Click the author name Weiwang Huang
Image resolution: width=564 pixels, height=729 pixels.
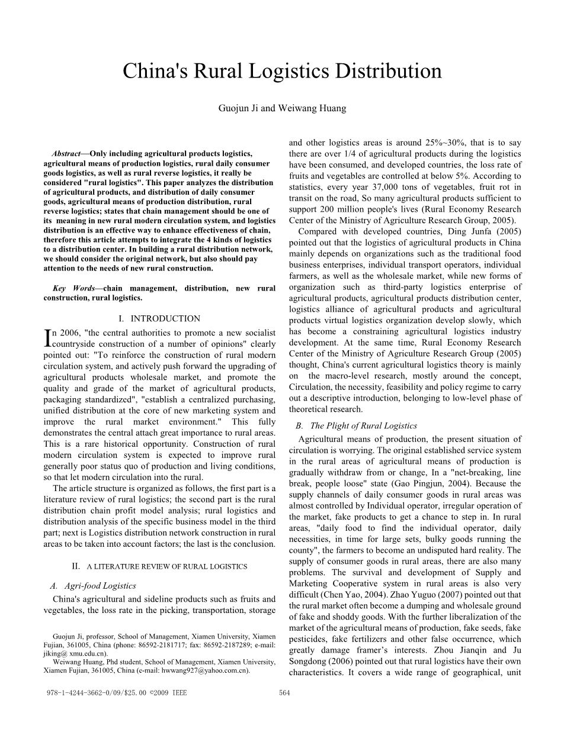coord(322,108)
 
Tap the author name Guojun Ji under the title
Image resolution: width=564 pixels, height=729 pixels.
coord(236,108)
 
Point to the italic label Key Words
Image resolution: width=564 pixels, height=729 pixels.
coord(73,288)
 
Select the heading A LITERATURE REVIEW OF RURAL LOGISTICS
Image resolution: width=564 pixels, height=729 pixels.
coord(166,566)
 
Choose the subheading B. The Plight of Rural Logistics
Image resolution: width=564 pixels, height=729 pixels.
coord(357,425)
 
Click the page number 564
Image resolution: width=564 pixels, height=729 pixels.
coord(284,693)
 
